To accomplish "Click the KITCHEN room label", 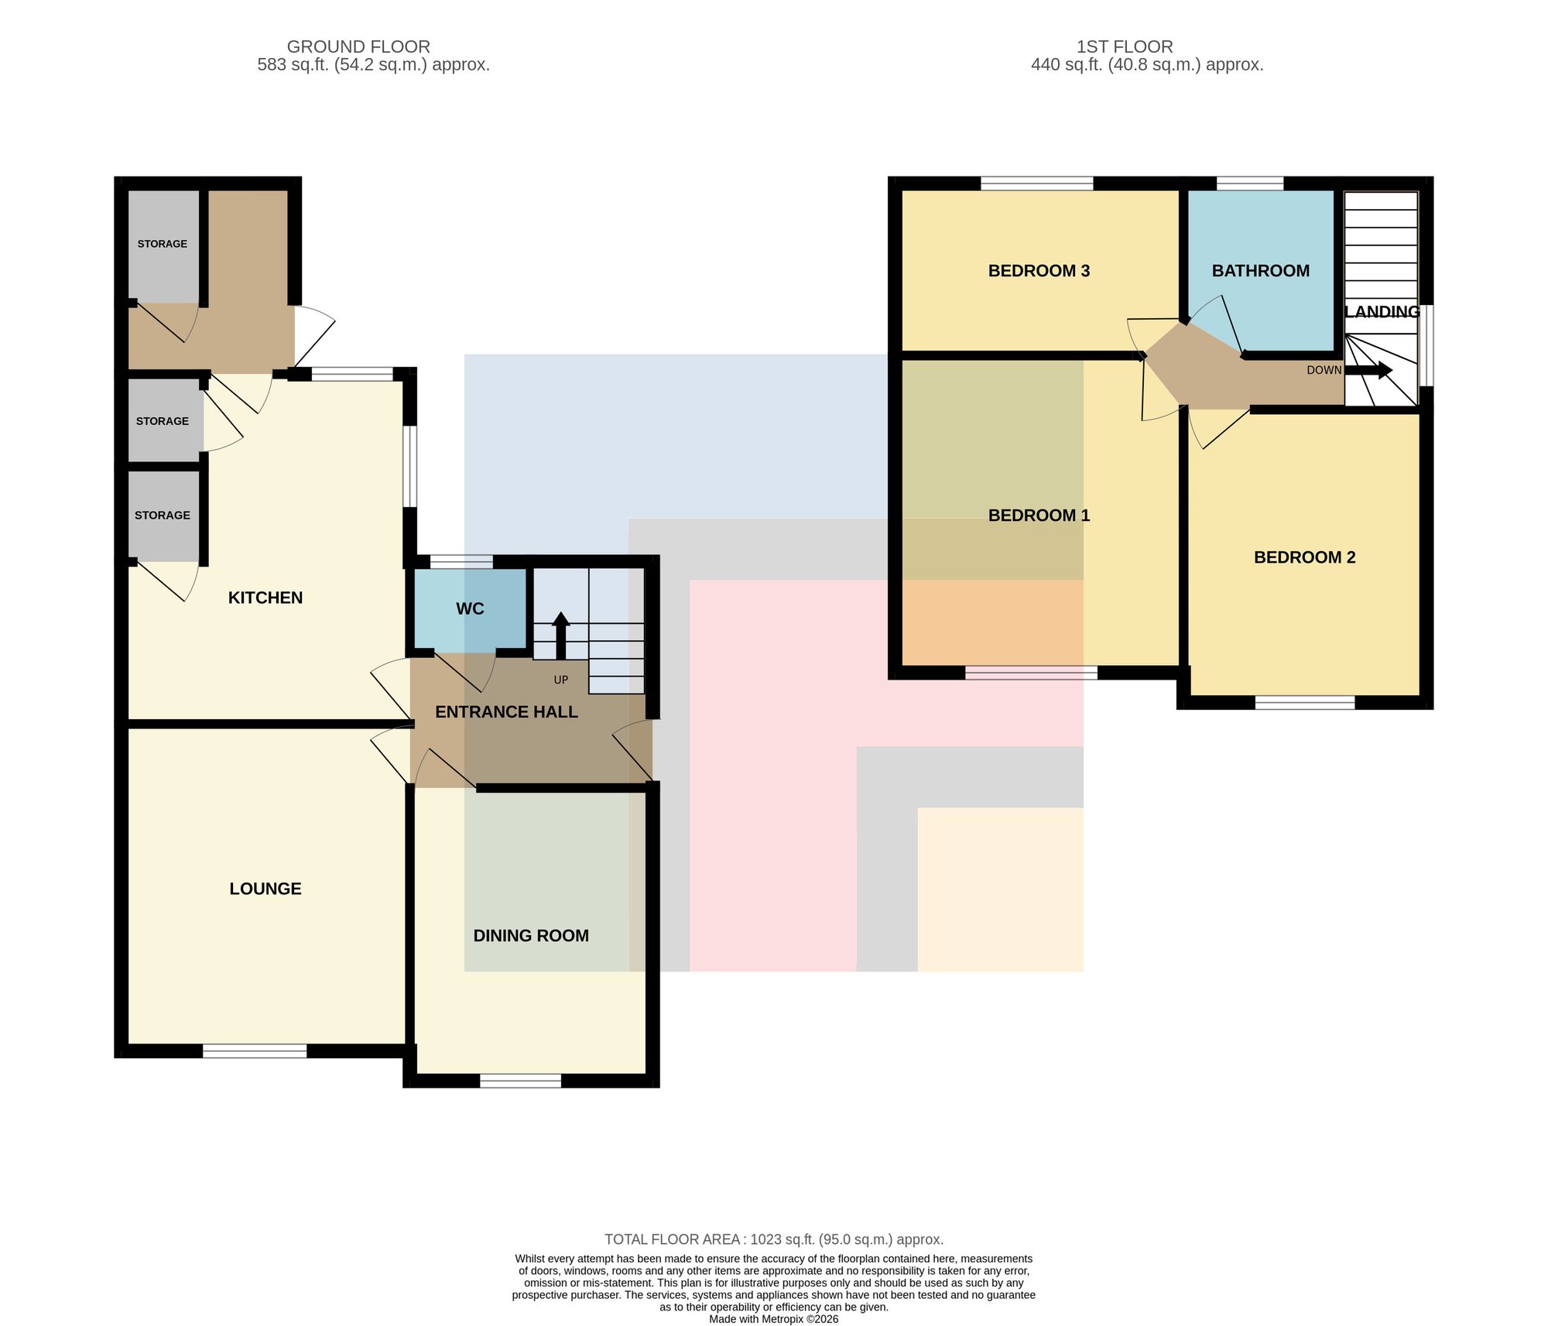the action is click(x=265, y=598).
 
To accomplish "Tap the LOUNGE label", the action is click(x=265, y=889).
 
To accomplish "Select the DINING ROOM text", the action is click(x=531, y=936).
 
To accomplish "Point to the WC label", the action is click(x=470, y=609).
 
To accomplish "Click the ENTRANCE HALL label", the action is click(x=506, y=712).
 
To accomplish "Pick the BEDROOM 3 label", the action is click(x=1039, y=271).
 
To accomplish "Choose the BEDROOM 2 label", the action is click(x=1305, y=557).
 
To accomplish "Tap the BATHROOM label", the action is click(x=1261, y=271).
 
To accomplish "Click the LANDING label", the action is click(x=1382, y=312).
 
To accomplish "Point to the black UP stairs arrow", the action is click(x=560, y=636).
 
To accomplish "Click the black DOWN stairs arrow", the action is click(x=1368, y=370).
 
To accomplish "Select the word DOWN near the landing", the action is click(x=1324, y=370).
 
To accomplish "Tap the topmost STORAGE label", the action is click(x=163, y=244).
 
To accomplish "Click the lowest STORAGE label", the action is click(x=163, y=516).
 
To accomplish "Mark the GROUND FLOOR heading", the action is click(x=358, y=46).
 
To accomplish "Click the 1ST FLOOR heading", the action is click(x=1125, y=46).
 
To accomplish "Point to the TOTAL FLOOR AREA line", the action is click(x=774, y=1239).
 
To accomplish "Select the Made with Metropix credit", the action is click(x=774, y=1319).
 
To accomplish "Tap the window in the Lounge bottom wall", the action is click(x=255, y=1051).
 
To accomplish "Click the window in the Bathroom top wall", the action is click(x=1250, y=183).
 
